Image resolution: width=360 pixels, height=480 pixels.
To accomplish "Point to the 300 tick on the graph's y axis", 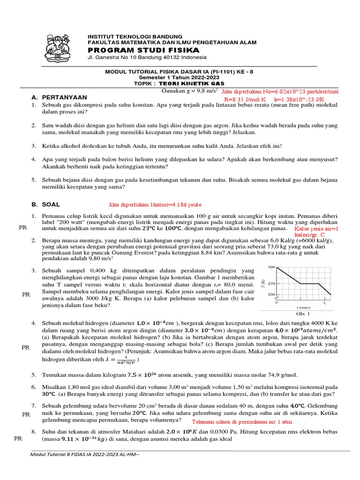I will (x=271, y=267).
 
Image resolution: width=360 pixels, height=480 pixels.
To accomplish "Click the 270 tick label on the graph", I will (x=271, y=284).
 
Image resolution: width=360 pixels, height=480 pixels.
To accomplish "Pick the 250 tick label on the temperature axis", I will (x=271, y=294).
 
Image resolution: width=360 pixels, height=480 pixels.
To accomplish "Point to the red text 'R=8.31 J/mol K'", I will (x=245, y=99).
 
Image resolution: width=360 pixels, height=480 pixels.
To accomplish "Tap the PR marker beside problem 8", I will (x=18, y=438).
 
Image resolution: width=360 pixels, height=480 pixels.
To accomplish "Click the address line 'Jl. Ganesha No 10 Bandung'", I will (x=147, y=57).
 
